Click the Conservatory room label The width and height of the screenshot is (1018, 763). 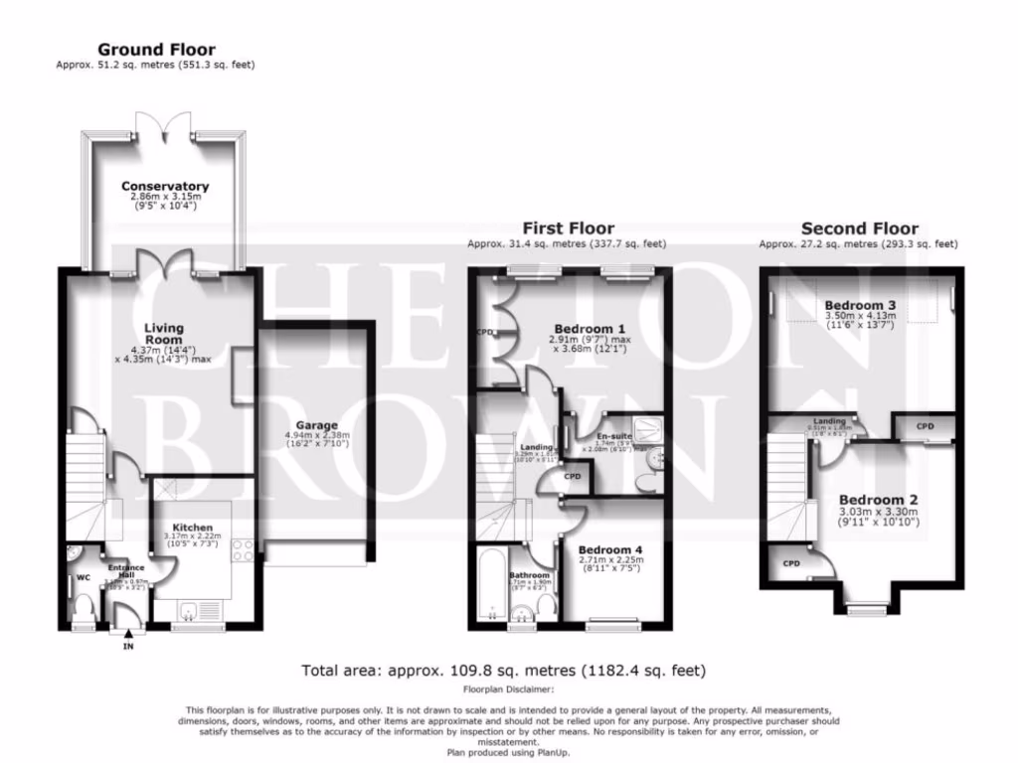coord(165,186)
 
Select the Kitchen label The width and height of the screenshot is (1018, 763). coord(193,527)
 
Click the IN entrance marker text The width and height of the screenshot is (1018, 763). coord(127,647)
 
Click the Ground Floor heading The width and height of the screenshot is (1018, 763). coord(155,50)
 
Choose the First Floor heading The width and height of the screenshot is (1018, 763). coord(567,229)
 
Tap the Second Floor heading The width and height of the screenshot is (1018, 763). coord(859,229)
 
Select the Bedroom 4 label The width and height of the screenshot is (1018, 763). coord(603,549)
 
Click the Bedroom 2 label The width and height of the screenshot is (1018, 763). coord(878,499)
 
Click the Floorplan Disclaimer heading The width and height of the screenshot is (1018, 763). coord(508,688)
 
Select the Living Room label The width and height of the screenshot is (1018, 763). coord(164,334)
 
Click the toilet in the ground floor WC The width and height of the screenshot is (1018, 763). coord(83,604)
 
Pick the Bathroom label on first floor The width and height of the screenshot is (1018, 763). coord(530,575)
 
